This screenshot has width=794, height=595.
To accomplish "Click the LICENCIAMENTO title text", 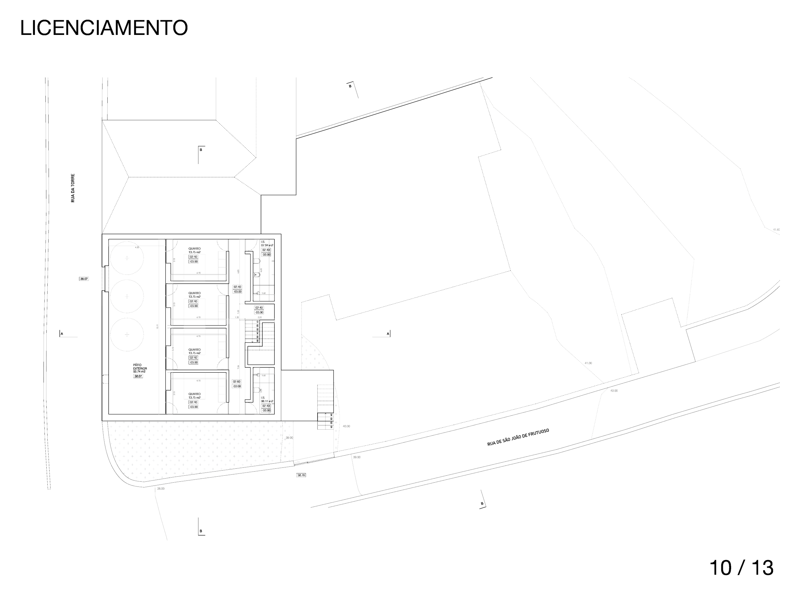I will [104, 28].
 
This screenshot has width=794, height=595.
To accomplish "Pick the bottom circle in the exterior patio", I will [127, 334].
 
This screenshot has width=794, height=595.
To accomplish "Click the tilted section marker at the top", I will [353, 88].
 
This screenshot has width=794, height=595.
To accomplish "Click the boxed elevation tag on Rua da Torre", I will [84, 278].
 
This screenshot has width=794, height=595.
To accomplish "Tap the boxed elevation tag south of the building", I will [301, 475].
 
